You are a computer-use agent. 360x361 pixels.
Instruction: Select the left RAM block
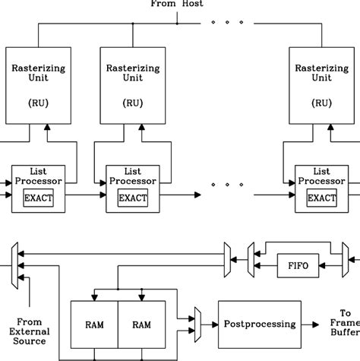coord(94,325)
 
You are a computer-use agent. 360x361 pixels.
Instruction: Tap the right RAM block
coord(141,325)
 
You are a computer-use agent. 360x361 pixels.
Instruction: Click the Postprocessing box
coord(258,325)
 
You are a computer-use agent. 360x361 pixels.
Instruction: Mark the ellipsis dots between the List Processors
coord(225,183)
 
